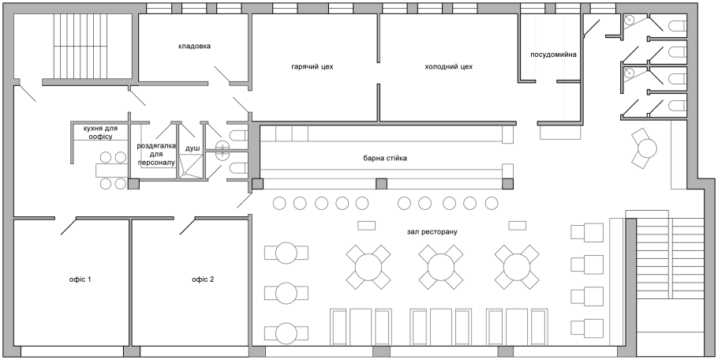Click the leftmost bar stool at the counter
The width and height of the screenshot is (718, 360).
pyautogui.click(x=279, y=204)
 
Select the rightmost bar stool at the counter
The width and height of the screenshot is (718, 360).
pyautogui.click(x=491, y=204)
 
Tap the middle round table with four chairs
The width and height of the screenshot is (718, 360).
pyautogui.click(x=440, y=266)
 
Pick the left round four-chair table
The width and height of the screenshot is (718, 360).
pyautogui.click(x=368, y=266)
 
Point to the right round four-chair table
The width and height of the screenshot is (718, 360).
pyautogui.click(x=517, y=266)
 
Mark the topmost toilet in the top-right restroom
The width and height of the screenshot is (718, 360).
pyautogui.click(x=677, y=26)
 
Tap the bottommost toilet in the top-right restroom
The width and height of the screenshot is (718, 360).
pyautogui.click(x=677, y=105)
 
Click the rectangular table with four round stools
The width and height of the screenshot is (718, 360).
pyautogui.click(x=112, y=170)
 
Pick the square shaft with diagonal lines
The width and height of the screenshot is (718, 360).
pyautogui.click(x=190, y=167)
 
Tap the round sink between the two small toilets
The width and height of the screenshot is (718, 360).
pyautogui.click(x=222, y=145)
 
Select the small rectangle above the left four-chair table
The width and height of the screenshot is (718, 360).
pyautogui.click(x=366, y=226)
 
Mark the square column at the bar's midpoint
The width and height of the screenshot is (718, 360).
pyautogui.click(x=381, y=184)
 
